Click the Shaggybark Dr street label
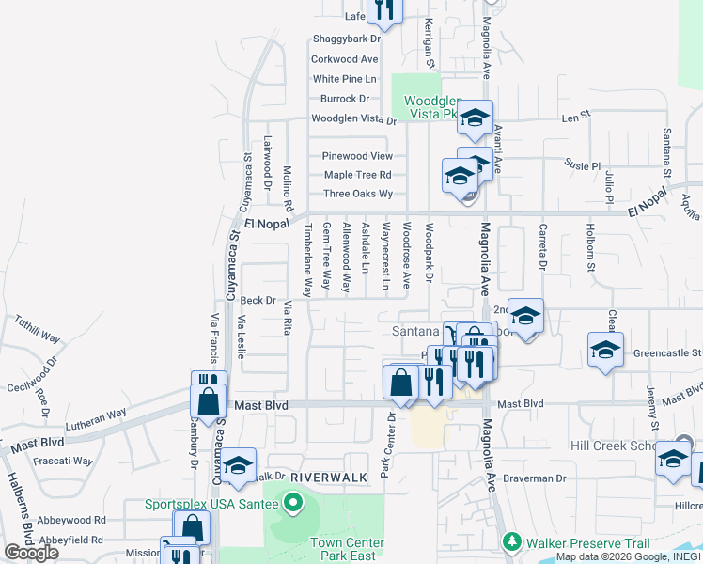[346, 39]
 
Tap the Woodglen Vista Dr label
[354, 119]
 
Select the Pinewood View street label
[357, 156]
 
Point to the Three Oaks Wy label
[357, 194]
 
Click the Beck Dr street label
[258, 301]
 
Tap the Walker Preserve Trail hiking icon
[511, 542]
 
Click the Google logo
[31, 553]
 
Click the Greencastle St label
[666, 353]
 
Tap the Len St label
[575, 118]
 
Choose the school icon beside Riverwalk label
[238, 464]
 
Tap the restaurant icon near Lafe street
[383, 8]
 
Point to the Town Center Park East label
[347, 550]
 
